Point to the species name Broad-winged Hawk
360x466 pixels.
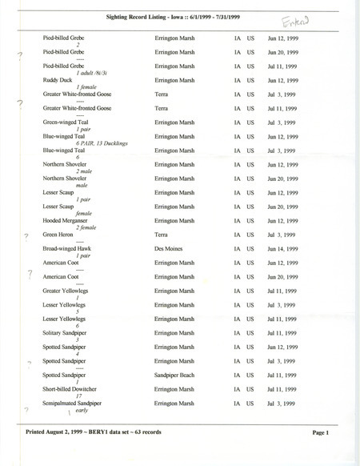click(x=69, y=249)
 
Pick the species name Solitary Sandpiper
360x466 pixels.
click(x=69, y=333)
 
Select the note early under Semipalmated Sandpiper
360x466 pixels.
click(x=82, y=412)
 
